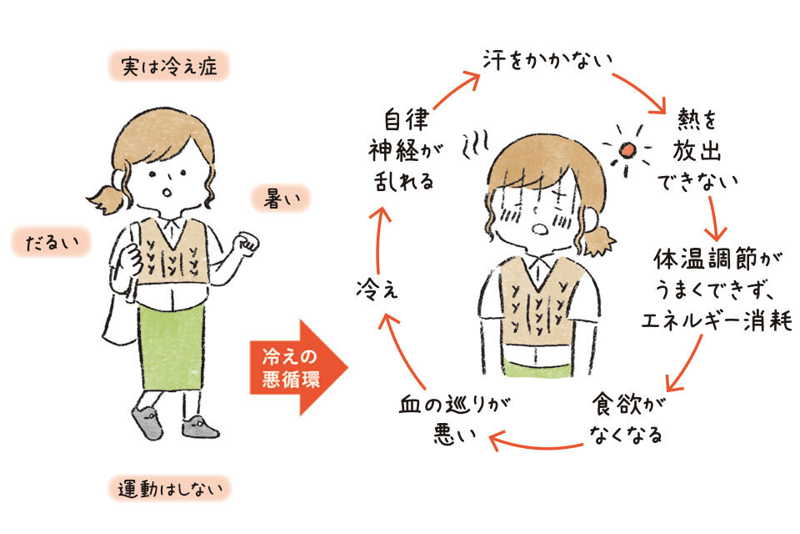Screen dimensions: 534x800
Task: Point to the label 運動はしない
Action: tap(169, 488)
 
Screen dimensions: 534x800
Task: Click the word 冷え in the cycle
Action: tap(375, 290)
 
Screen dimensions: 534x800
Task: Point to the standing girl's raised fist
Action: tap(245, 243)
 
